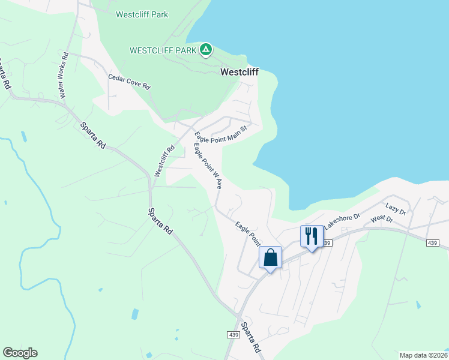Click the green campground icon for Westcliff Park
pyautogui.click(x=206, y=49)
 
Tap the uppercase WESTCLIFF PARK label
pyautogui.click(x=163, y=50)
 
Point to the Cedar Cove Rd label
pyautogui.click(x=128, y=82)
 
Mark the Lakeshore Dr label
pyautogui.click(x=342, y=221)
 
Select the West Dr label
pyautogui.click(x=381, y=219)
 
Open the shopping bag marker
pyautogui.click(x=270, y=257)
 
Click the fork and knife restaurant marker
pyautogui.click(x=312, y=235)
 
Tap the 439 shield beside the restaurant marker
pyautogui.click(x=326, y=242)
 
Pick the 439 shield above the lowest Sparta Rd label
pyautogui.click(x=234, y=334)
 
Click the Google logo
pyautogui.click(x=20, y=352)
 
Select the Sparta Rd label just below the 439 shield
pyautogui.click(x=251, y=338)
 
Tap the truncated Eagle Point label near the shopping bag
pyautogui.click(x=247, y=234)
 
